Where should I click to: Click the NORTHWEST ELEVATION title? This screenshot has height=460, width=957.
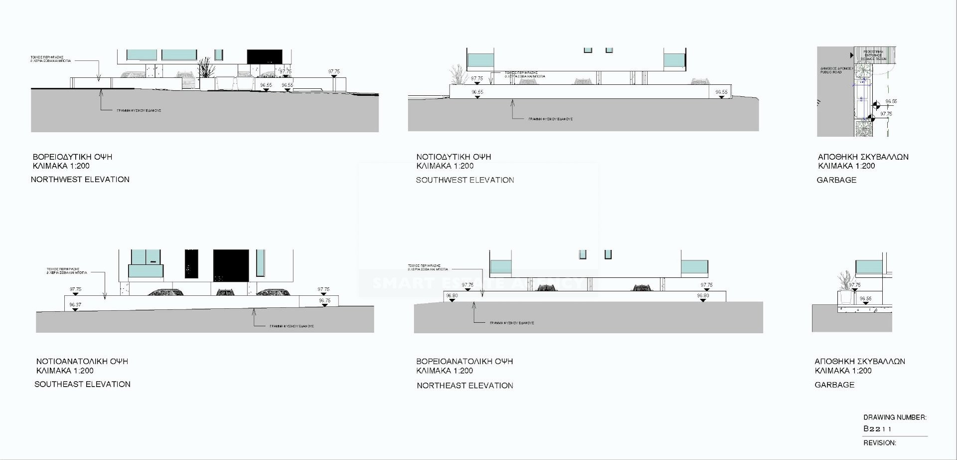(80, 180)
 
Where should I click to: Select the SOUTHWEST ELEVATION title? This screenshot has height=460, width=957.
(465, 180)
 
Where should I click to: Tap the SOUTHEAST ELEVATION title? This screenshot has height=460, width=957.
(82, 384)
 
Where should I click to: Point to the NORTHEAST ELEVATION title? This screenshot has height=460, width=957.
(465, 386)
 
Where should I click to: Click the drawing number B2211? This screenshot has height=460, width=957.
(877, 429)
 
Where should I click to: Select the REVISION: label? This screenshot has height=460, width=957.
(879, 443)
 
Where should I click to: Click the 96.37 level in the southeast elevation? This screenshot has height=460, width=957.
(75, 305)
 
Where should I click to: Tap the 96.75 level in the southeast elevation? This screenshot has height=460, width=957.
(324, 301)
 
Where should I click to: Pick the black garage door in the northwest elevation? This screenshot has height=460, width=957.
(264, 56)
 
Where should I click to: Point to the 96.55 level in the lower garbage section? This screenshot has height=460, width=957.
(865, 299)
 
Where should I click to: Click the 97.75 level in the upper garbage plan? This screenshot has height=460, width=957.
(886, 114)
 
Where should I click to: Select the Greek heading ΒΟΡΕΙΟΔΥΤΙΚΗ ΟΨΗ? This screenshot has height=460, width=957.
(72, 157)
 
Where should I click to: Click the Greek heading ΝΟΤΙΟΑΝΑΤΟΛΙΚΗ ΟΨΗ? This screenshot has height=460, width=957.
(82, 362)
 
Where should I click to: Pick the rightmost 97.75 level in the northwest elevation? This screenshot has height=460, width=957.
(334, 72)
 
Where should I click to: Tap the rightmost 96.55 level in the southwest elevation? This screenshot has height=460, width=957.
(721, 92)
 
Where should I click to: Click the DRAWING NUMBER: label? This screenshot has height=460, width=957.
(895, 418)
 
